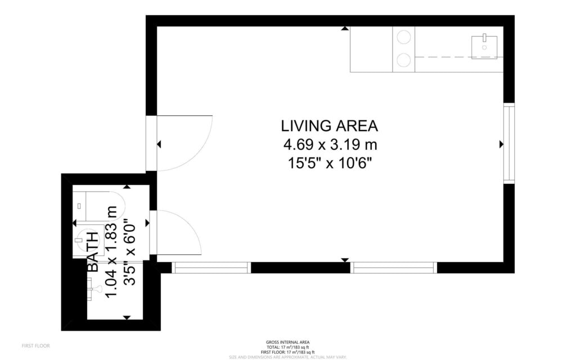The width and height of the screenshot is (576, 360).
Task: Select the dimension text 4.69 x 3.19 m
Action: (x=330, y=145)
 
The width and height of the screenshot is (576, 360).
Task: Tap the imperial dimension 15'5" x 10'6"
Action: (x=330, y=164)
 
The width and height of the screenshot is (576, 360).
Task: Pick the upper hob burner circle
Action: (x=403, y=38)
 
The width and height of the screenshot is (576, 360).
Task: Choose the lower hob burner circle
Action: (x=403, y=60)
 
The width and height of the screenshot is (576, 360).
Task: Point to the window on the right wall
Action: (x=508, y=144)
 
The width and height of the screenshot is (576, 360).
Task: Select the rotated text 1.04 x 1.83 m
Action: (x=112, y=252)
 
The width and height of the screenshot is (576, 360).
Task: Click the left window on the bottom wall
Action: (x=211, y=268)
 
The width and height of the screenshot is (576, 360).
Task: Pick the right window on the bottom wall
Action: (x=393, y=268)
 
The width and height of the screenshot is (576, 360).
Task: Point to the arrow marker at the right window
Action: (x=501, y=145)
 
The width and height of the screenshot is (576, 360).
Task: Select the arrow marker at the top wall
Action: (x=344, y=28)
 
